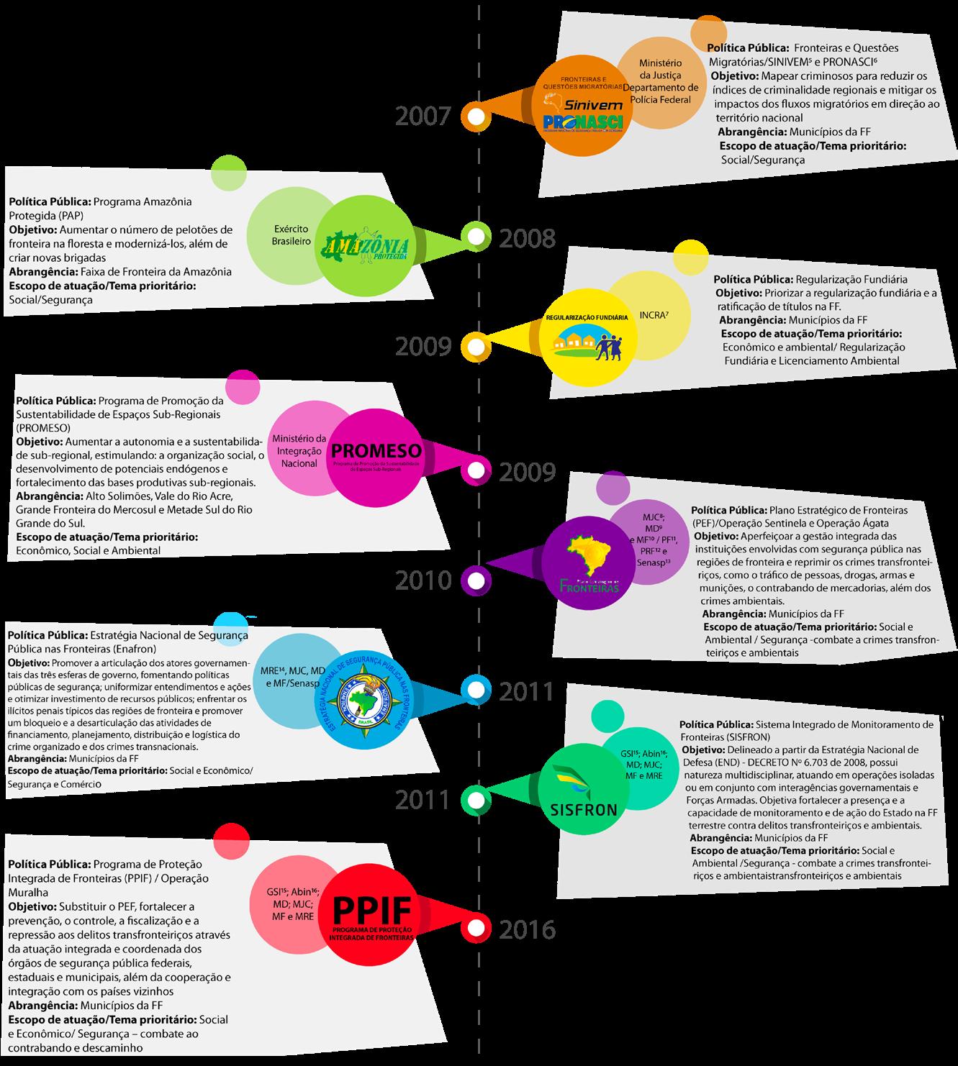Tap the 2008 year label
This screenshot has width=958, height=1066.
point(528,238)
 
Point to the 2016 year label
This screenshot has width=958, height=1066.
point(528,929)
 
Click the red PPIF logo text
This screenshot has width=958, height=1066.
point(371,911)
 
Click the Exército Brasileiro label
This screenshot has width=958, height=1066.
point(291,235)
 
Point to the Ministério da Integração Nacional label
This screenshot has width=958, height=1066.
point(299,450)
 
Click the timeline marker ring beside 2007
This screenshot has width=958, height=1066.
point(475,116)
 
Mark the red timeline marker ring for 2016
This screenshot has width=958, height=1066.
point(475,928)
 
